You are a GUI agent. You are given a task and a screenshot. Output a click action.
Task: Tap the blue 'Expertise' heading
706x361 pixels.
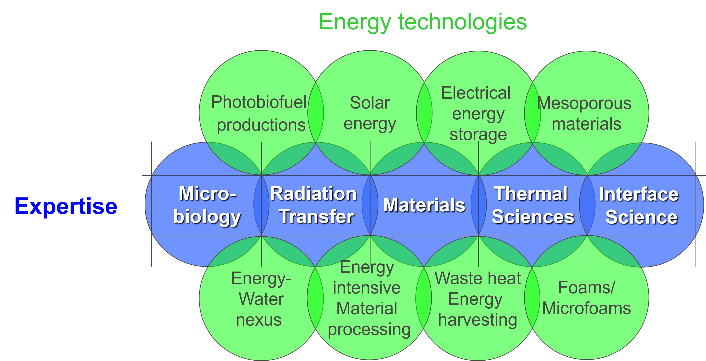coord(66,206)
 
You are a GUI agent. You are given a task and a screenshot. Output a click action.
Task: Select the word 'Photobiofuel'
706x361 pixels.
coord(259,102)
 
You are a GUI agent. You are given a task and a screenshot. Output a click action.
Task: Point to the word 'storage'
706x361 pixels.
coord(478,135)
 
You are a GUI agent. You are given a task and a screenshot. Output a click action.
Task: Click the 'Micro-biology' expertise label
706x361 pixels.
coord(207,205)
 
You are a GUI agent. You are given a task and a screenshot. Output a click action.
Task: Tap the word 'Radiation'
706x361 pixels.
coord(313,194)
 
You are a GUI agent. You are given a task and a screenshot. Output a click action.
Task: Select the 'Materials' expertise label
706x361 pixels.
coord(424,205)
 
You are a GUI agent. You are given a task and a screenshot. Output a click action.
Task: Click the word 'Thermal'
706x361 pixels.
coord(531,194)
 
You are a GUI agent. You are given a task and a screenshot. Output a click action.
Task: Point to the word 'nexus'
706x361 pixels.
coord(259,320)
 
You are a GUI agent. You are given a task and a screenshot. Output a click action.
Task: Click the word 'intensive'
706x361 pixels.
coord(367,288)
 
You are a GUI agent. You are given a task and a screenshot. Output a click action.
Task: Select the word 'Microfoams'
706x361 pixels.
coord(587,308)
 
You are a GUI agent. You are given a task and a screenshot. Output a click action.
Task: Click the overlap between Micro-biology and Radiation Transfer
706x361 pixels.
coord(262,204)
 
